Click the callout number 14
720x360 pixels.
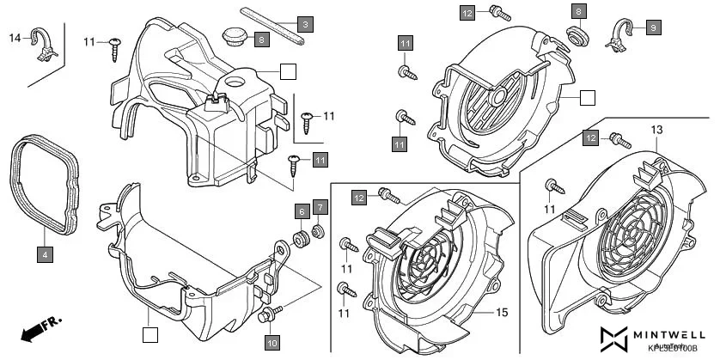pyautogui.click(x=15, y=38)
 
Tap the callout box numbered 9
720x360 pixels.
pyautogui.click(x=652, y=27)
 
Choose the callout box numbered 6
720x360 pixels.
pyautogui.click(x=302, y=210)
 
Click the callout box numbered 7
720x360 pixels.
pyautogui.click(x=319, y=206)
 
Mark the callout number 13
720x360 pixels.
pyautogui.click(x=657, y=130)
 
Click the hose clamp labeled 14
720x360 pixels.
pyautogui.click(x=42, y=45)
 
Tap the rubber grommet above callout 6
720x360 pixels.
pyautogui.click(x=302, y=237)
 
